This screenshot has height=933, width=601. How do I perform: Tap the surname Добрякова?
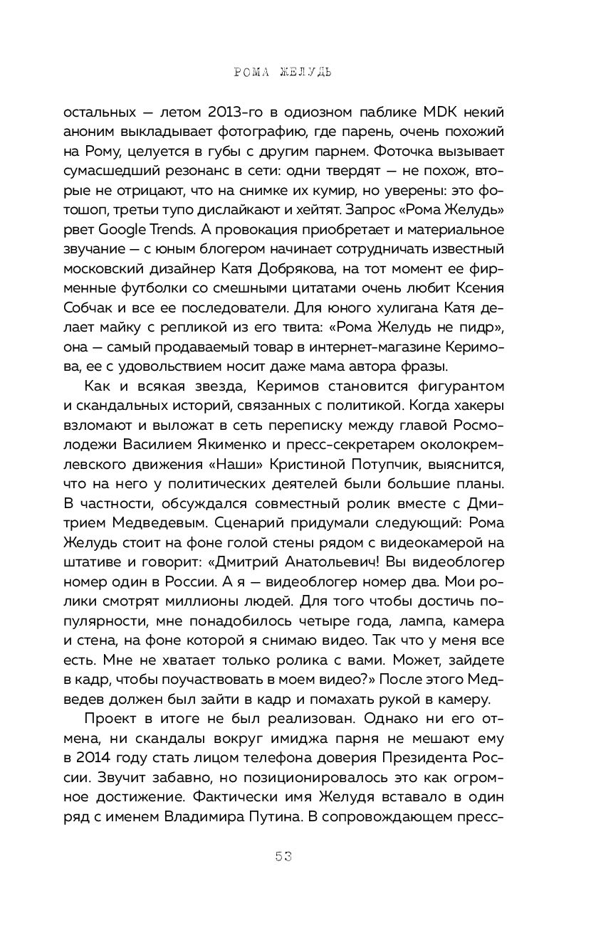(x=265, y=269)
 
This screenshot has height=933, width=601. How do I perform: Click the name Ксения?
(x=474, y=288)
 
